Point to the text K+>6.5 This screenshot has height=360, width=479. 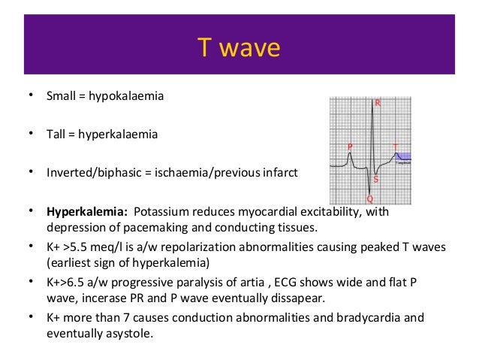coord(64,281)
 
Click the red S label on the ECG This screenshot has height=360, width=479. coord(375,180)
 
